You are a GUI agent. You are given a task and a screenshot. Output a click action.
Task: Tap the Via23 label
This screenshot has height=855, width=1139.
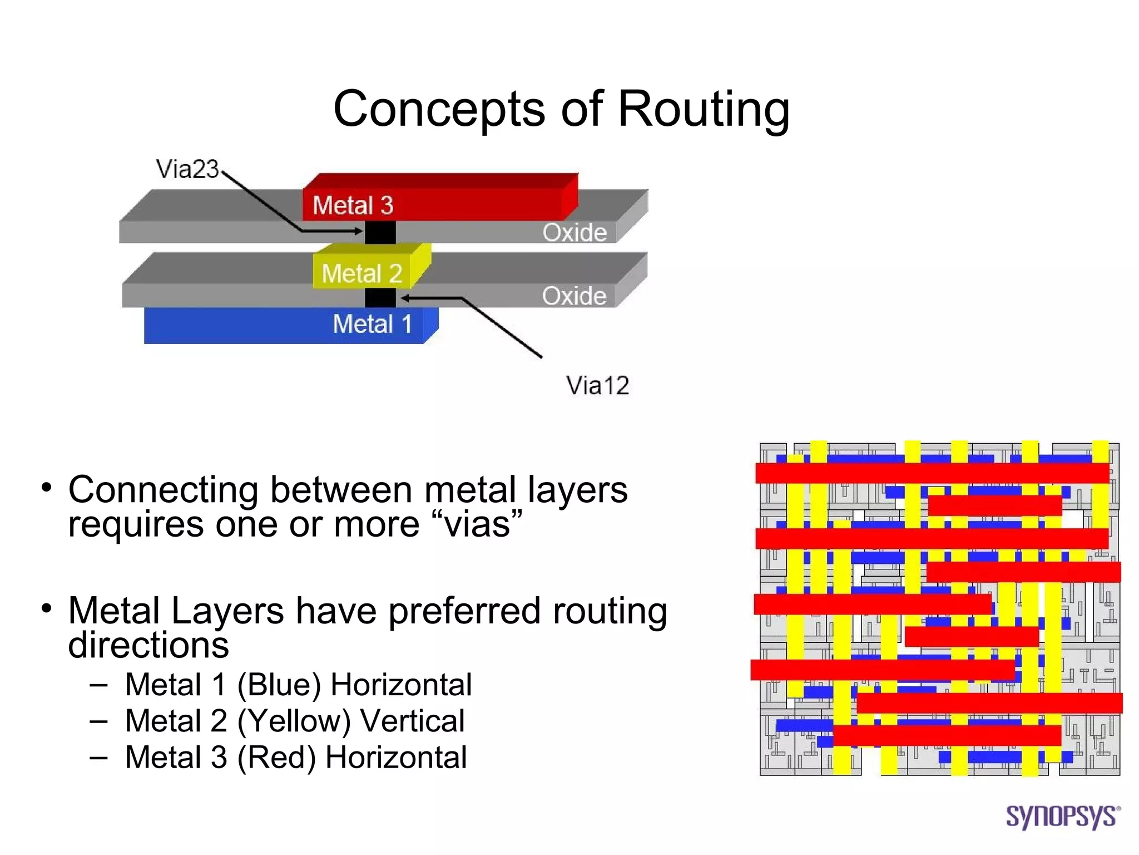pyautogui.click(x=187, y=169)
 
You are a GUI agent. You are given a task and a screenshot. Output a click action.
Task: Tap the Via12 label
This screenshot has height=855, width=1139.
pyautogui.click(x=597, y=385)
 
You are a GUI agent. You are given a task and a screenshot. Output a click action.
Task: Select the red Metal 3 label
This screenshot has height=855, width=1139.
pyautogui.click(x=353, y=205)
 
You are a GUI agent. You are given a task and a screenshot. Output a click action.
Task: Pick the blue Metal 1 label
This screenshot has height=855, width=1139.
pyautogui.click(x=372, y=324)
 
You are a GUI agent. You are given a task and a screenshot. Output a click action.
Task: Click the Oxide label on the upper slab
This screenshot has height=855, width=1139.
pyautogui.click(x=574, y=233)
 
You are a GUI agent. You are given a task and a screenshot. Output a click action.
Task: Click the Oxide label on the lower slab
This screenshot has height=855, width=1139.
pyautogui.click(x=574, y=296)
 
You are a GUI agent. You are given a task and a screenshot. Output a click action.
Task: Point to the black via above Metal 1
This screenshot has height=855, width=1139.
pyautogui.click(x=380, y=298)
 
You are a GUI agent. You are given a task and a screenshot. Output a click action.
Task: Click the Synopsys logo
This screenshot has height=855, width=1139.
pyautogui.click(x=1062, y=817)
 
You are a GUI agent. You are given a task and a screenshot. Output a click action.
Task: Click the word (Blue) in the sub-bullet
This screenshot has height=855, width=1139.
pyautogui.click(x=279, y=685)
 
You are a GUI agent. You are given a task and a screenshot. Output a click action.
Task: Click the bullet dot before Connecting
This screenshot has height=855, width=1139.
pyautogui.click(x=47, y=488)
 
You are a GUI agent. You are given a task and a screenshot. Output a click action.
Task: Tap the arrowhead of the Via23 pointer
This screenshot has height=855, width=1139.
pyautogui.click(x=359, y=231)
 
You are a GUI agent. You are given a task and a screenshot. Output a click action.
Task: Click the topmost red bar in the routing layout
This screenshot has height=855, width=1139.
pyautogui.click(x=932, y=473)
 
